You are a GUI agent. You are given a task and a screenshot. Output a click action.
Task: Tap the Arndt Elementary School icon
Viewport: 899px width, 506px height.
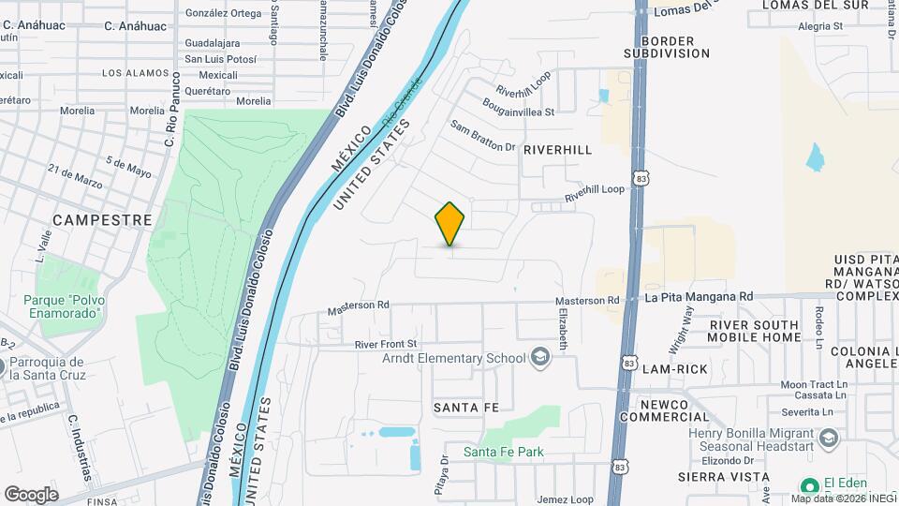tap(539, 357)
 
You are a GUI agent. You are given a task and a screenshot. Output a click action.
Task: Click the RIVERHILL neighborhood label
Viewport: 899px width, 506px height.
tap(557, 150)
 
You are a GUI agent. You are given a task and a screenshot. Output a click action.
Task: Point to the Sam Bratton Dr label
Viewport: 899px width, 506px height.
tap(482, 136)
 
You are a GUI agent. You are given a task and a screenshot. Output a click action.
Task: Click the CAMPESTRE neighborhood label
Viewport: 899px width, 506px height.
tap(102, 219)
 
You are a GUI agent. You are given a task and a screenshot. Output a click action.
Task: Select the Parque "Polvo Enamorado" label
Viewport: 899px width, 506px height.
tap(62, 306)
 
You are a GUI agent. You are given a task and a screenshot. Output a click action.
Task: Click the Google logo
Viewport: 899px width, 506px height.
tap(31, 494)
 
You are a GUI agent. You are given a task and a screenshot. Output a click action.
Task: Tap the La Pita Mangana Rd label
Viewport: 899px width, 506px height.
tap(699, 297)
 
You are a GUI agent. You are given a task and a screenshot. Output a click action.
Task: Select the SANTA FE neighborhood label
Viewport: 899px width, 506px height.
tap(465, 407)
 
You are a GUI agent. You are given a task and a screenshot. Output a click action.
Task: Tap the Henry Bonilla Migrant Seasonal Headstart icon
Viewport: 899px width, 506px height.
tap(828, 438)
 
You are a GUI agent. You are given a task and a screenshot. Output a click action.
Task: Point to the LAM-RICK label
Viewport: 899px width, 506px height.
tap(674, 369)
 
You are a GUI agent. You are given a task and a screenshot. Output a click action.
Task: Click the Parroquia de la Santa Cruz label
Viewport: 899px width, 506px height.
tap(47, 368)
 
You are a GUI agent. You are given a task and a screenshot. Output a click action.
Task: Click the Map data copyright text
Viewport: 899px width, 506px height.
tap(840, 498)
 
